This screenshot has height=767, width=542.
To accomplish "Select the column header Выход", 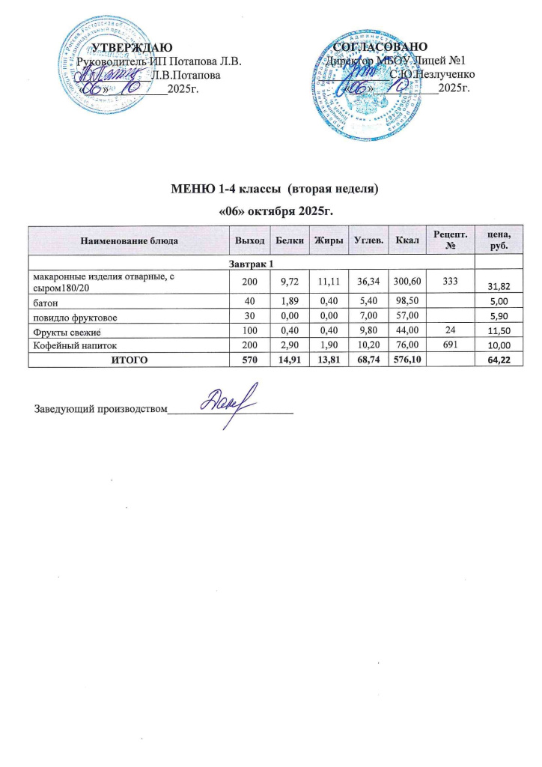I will pos(249,240).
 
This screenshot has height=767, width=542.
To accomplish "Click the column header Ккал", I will pos(409,240).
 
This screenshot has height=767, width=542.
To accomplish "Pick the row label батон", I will pos(47,303).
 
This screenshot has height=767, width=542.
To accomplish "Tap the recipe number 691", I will pos(449,345).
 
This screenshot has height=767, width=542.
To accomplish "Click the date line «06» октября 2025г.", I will pos(270,210).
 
